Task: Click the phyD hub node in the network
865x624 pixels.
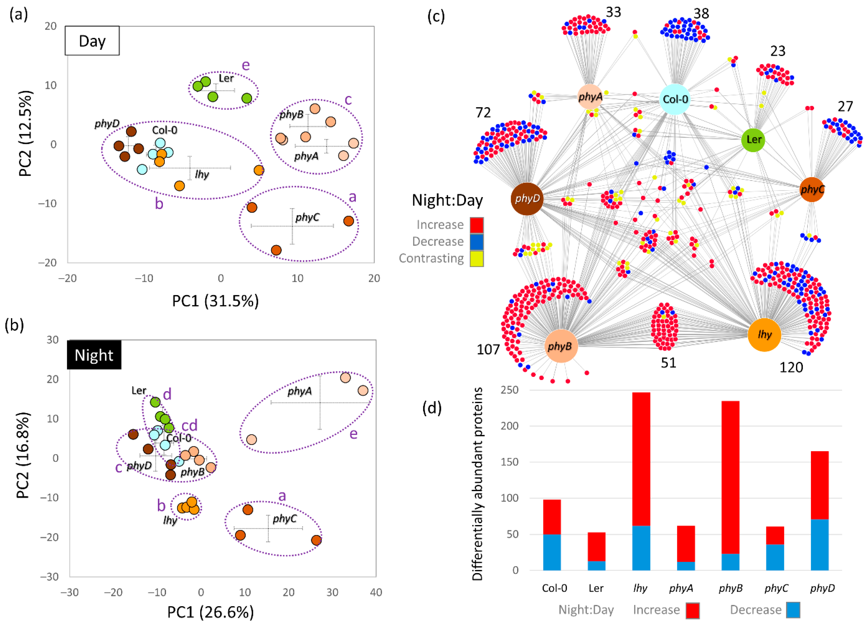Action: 527,198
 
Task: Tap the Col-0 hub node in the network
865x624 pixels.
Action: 675,99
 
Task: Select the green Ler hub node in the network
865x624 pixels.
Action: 753,140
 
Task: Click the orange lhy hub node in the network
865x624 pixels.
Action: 764,335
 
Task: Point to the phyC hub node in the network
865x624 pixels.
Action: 812,189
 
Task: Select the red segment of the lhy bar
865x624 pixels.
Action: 641,458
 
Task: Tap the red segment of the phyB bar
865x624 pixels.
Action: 730,477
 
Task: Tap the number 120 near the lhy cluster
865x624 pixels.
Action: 791,367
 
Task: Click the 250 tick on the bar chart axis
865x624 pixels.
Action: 510,390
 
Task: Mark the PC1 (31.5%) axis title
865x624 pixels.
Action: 216,301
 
